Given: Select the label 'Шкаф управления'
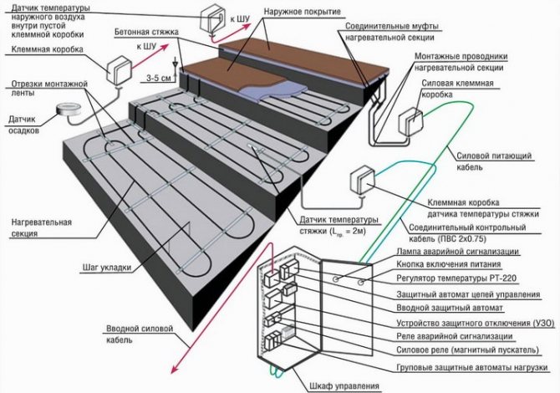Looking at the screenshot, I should (x=333, y=384).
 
